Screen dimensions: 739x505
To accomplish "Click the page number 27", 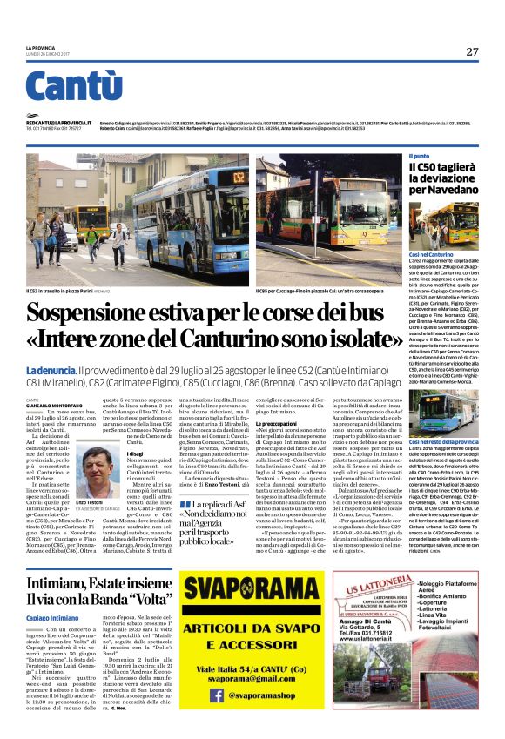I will (471, 51).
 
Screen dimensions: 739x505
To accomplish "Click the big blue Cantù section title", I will (74, 87).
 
